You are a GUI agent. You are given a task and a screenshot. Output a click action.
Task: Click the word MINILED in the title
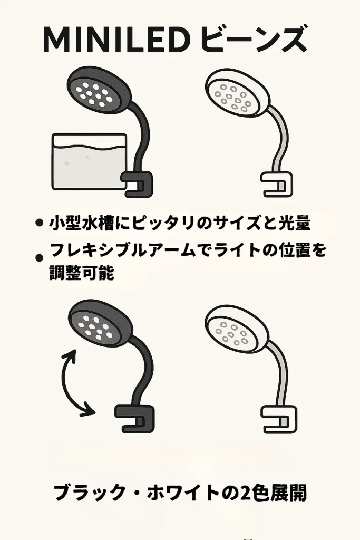(115, 40)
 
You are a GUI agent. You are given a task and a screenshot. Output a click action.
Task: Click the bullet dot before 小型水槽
(38, 224)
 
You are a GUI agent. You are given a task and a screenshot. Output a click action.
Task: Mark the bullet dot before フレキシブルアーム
(38, 258)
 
